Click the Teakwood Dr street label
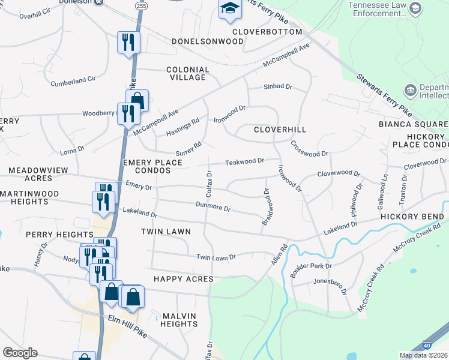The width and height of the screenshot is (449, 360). (244, 161)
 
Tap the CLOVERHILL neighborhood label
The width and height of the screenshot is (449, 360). (280, 130)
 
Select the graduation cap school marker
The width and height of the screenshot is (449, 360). (229, 8)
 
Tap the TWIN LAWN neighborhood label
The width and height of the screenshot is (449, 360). (166, 232)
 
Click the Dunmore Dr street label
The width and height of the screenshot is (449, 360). (213, 207)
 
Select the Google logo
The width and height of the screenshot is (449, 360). (20, 353)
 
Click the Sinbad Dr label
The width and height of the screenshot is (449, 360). (278, 87)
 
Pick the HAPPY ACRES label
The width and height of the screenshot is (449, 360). (183, 279)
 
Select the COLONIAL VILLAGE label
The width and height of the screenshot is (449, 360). (187, 74)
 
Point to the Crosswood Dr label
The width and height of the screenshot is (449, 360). (309, 149)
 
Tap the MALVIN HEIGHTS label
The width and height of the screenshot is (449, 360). (179, 320)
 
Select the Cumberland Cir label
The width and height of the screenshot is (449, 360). (73, 80)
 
